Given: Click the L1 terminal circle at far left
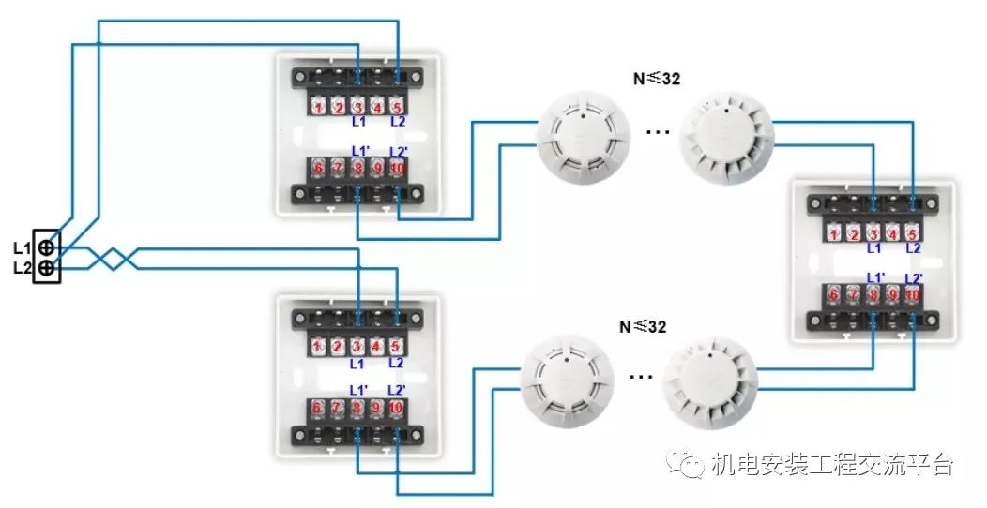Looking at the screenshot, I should pyautogui.click(x=47, y=247).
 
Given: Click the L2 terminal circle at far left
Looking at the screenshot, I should pyautogui.click(x=47, y=269).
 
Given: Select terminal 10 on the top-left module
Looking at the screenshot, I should pyautogui.click(x=398, y=169).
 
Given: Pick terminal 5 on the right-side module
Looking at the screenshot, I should pyautogui.click(x=914, y=233).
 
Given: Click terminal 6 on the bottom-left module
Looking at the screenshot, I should pyautogui.click(x=318, y=409).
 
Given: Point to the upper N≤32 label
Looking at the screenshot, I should pyautogui.click(x=656, y=79).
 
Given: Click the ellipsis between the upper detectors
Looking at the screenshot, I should pyautogui.click(x=658, y=132).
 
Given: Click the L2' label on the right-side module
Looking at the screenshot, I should pyautogui.click(x=913, y=278).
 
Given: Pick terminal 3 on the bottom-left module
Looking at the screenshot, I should pyautogui.click(x=357, y=347).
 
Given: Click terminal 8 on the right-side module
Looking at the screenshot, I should pyautogui.click(x=874, y=293).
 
